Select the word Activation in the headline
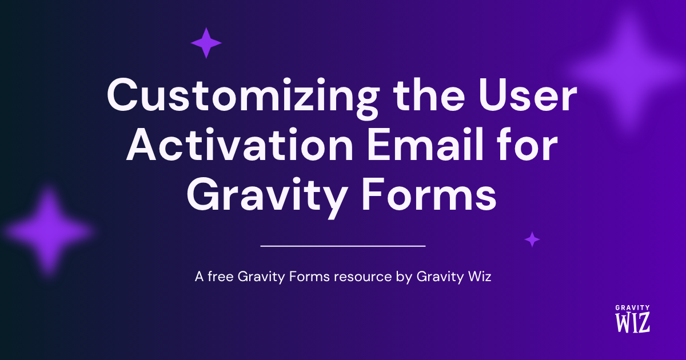pos(240,145)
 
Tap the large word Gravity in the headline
pos(267,197)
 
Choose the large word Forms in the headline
pos(429,195)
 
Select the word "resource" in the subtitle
pos(363,277)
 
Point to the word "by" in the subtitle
pos(404,277)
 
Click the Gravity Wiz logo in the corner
pos(632,319)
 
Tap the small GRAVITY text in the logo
pos(632,307)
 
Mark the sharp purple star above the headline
pos(206,43)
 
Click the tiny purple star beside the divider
pos(532,239)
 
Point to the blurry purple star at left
pos(48,231)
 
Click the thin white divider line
pos(343,246)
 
